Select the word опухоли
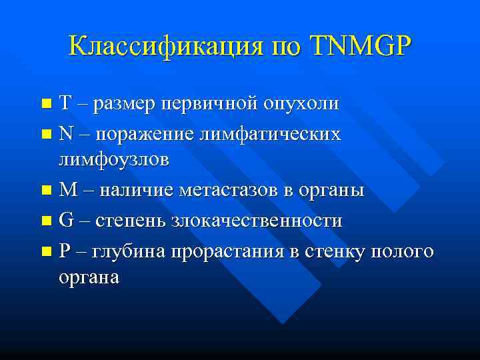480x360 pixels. (x=301, y=104)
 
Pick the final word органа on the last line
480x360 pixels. (x=89, y=277)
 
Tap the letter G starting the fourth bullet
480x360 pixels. (x=65, y=221)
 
